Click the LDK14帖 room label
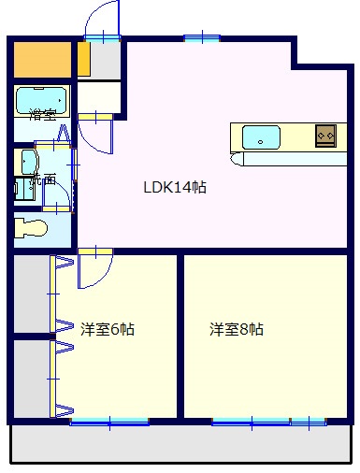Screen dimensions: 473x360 (174, 187)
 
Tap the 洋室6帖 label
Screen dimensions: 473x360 (107, 329)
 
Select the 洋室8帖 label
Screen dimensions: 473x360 (236, 329)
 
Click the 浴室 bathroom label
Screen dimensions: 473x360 (41, 115)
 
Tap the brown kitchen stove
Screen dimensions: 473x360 (325, 136)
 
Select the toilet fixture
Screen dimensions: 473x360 (34, 227)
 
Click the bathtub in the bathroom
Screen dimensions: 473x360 (41, 99)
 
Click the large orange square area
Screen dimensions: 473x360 (42, 60)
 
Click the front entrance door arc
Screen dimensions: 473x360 (101, 19)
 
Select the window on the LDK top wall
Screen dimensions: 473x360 (201, 37)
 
